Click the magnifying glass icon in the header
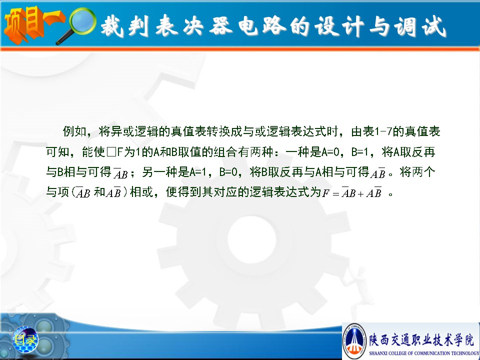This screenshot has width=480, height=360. click(76, 25)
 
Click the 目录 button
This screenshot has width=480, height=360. click(25, 339)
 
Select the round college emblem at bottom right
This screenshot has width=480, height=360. click(355, 340)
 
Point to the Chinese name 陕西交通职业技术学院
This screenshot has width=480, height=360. click(421, 340)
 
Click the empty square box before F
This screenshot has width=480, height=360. click(111, 152)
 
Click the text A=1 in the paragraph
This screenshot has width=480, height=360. click(198, 172)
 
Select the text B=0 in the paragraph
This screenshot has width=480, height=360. click(228, 172)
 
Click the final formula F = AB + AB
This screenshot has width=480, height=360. click(352, 192)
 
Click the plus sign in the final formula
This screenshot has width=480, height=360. click(360, 194)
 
